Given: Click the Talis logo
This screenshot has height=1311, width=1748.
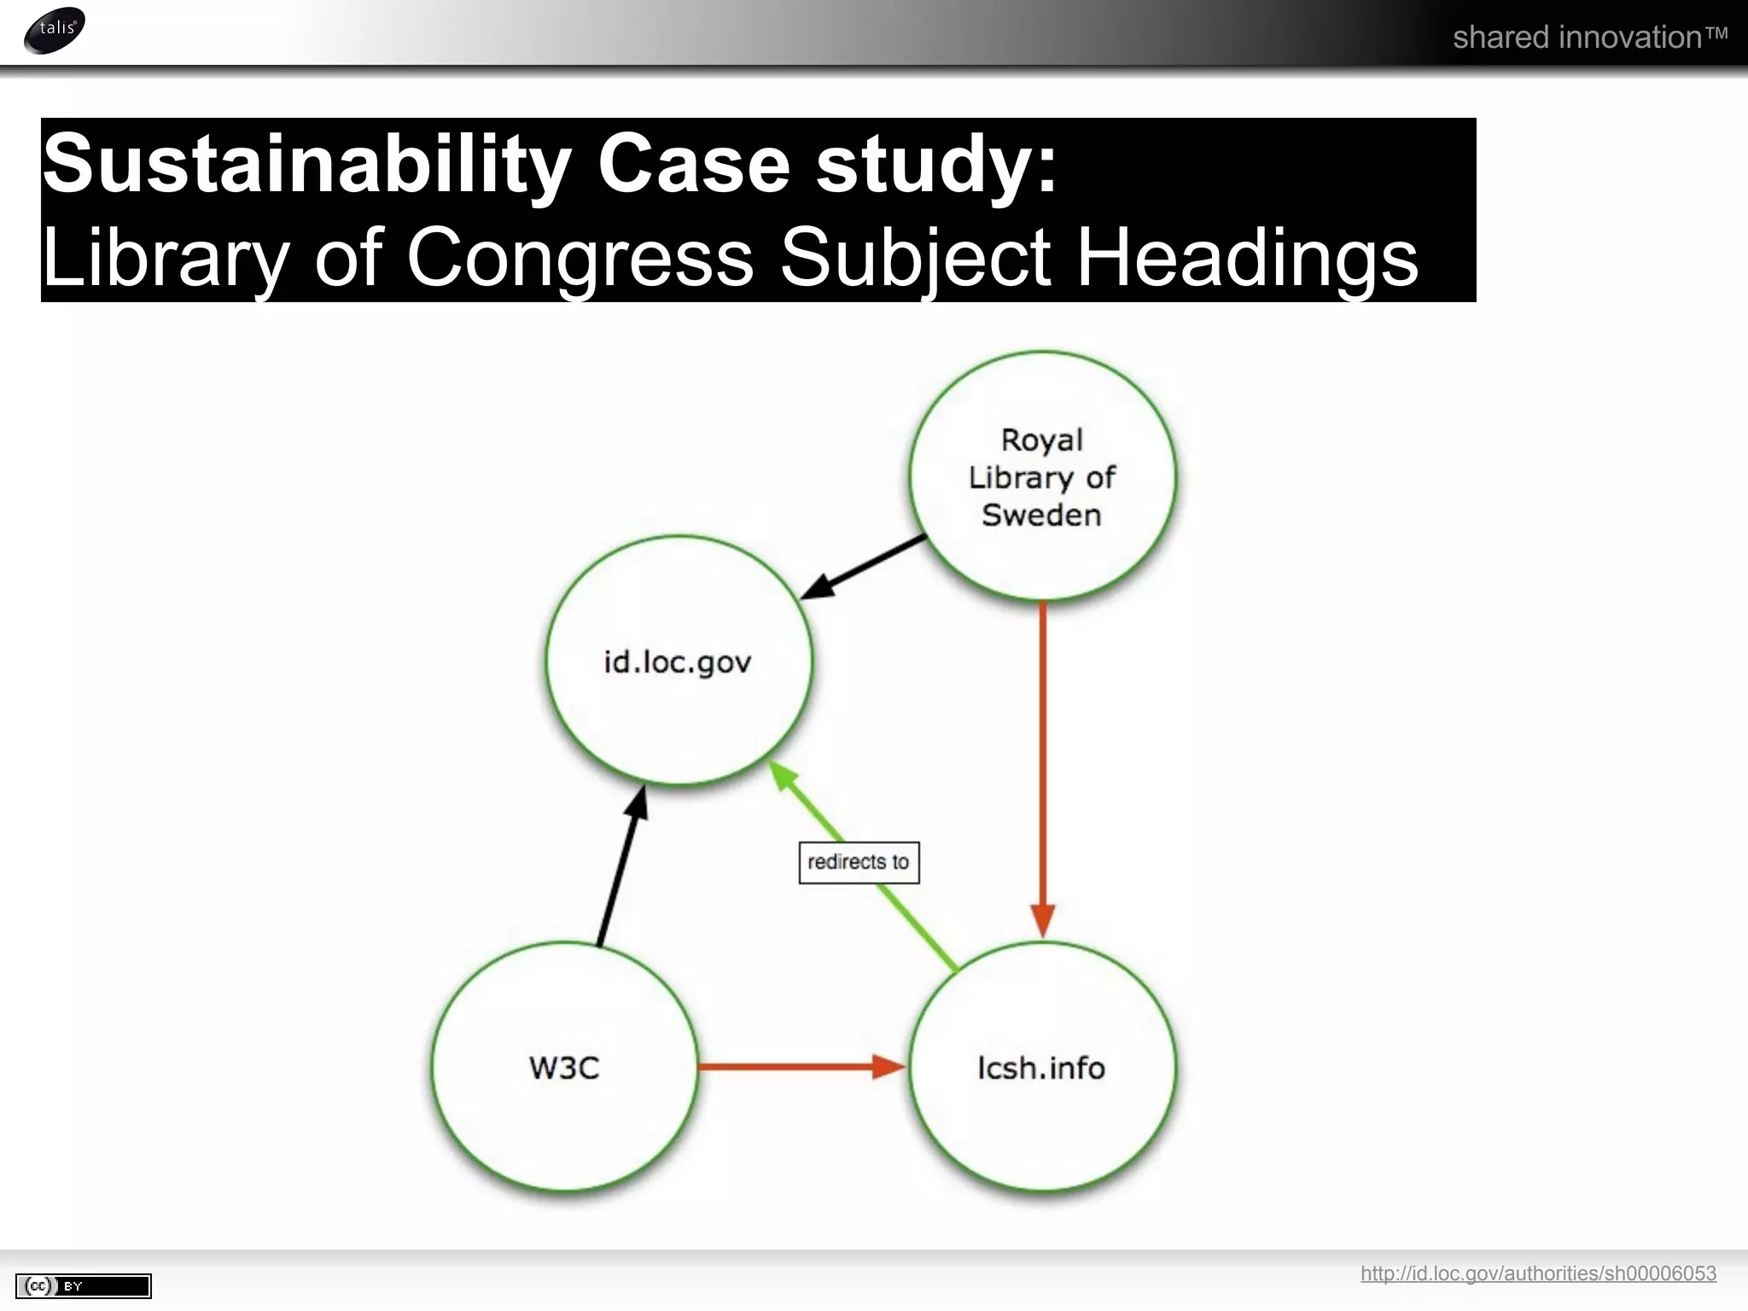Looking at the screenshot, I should (x=55, y=30).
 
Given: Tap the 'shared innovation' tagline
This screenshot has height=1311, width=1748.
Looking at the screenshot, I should (x=1589, y=38).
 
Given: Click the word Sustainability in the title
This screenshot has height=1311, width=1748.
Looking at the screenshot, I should (x=306, y=164).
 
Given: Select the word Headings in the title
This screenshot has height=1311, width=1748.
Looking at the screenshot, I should (x=1247, y=257).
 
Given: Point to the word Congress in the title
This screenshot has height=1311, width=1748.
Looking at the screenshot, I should (x=580, y=257).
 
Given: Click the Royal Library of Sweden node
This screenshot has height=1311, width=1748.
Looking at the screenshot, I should (x=1042, y=475).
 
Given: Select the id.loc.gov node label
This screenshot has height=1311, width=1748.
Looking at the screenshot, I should (x=678, y=662).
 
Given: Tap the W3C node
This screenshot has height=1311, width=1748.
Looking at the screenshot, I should (x=564, y=1068).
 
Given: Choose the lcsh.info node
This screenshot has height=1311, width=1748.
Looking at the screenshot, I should (x=1042, y=1068).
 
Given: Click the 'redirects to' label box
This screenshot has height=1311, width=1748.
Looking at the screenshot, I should (x=859, y=862).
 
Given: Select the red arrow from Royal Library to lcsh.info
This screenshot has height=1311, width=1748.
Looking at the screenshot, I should (x=1043, y=768).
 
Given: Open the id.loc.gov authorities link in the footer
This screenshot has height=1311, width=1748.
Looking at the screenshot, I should (x=1538, y=1273).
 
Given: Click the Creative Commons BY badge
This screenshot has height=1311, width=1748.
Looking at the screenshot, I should (x=84, y=1285).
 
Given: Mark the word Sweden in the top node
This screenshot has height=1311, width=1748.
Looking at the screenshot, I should (x=1041, y=516).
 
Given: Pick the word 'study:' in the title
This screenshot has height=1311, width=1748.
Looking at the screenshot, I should (x=936, y=164).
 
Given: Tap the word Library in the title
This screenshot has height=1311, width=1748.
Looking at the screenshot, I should (x=166, y=257).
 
